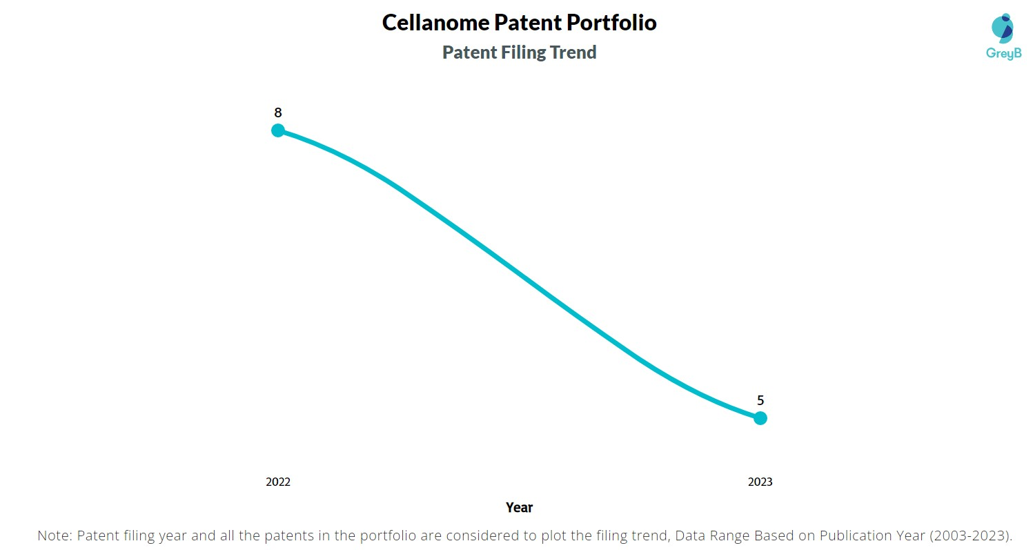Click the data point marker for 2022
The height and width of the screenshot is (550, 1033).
[x=278, y=130]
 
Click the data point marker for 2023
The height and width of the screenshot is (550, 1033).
[x=760, y=418]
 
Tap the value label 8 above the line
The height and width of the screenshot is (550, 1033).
[x=278, y=112]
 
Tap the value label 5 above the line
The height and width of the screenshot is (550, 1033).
[x=760, y=400]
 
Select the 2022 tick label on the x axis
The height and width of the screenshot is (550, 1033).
[x=278, y=482]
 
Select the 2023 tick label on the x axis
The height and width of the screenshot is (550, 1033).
[x=760, y=482]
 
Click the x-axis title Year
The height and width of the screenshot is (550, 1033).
[x=519, y=507]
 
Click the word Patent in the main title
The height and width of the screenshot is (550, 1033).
[x=529, y=23]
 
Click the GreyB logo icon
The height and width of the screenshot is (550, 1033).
[x=1002, y=28]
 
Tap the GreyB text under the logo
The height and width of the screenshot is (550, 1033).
[x=1003, y=53]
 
